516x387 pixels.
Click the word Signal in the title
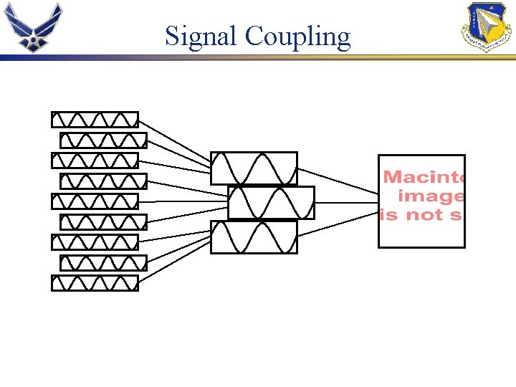(201, 36)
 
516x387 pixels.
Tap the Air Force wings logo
(33, 27)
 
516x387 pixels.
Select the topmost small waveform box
(95, 119)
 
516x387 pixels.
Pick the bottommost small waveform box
(95, 283)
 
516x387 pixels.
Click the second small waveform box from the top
(103, 140)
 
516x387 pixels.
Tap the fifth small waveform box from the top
(95, 201)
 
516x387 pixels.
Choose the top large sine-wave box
(254, 168)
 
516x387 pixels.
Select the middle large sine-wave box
(271, 203)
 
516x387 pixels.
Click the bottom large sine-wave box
(254, 237)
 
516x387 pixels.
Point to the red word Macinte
(424, 177)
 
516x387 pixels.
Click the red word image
(430, 196)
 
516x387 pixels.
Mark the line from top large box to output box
(337, 181)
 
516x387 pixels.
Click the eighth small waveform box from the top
(103, 262)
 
